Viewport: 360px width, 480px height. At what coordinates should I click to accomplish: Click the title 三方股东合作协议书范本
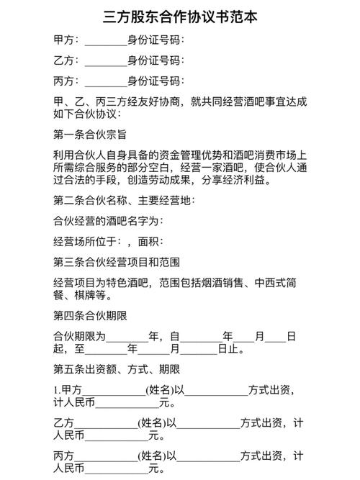pos(179,16)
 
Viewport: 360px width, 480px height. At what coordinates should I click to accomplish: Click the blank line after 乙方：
pos(105,60)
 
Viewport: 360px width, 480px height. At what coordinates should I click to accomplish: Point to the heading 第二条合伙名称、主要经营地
pos(123,200)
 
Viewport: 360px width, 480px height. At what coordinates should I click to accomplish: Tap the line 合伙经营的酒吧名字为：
pos(109,220)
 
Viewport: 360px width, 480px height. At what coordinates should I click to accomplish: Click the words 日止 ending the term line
pos(230,350)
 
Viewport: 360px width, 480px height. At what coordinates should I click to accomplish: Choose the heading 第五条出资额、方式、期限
pos(116,370)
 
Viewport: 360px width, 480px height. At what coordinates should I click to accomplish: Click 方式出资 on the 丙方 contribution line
pos(265,456)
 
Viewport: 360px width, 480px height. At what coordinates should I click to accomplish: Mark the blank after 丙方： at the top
pos(105,81)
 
